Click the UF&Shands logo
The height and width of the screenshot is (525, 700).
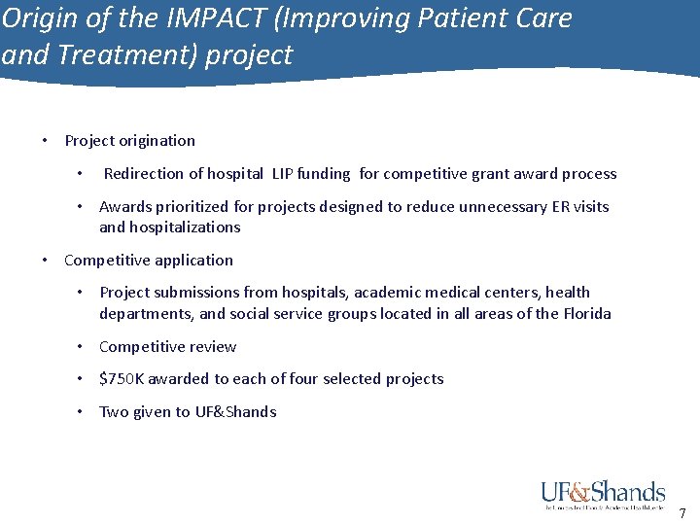603,495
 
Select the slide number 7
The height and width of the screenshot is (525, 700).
682,513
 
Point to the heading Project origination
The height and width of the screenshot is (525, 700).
129,141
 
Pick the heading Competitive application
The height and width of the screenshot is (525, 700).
148,261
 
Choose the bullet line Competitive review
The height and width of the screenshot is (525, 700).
167,347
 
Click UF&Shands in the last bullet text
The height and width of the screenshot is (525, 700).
235,412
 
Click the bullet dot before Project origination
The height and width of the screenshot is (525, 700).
45,141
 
